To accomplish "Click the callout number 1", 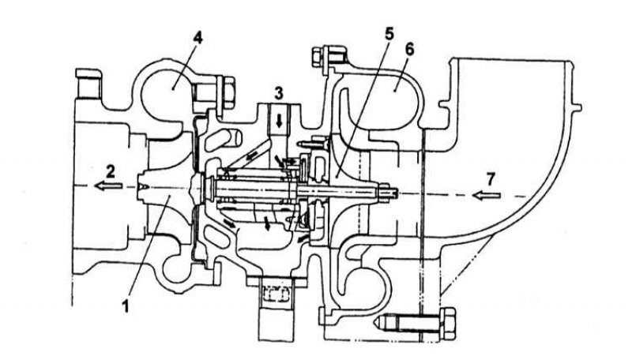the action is [x=126, y=307].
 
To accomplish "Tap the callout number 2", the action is [x=111, y=171].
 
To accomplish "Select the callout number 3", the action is [x=279, y=93].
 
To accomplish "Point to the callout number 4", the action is [x=197, y=37].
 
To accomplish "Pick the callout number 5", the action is [x=389, y=34].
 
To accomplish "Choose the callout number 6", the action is [x=409, y=49].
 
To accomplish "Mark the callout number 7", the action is [x=490, y=178].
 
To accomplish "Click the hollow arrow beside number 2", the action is [x=108, y=186].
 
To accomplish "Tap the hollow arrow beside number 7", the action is [x=487, y=196].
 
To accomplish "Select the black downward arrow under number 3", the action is [x=279, y=120].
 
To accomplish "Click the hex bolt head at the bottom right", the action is [x=447, y=324].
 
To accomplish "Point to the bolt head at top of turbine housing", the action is [x=318, y=56].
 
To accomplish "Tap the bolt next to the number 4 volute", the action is [x=227, y=93].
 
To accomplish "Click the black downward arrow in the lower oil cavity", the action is [x=267, y=223].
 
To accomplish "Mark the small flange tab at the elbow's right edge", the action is [x=577, y=107].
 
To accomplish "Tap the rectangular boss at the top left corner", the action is [x=88, y=84].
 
